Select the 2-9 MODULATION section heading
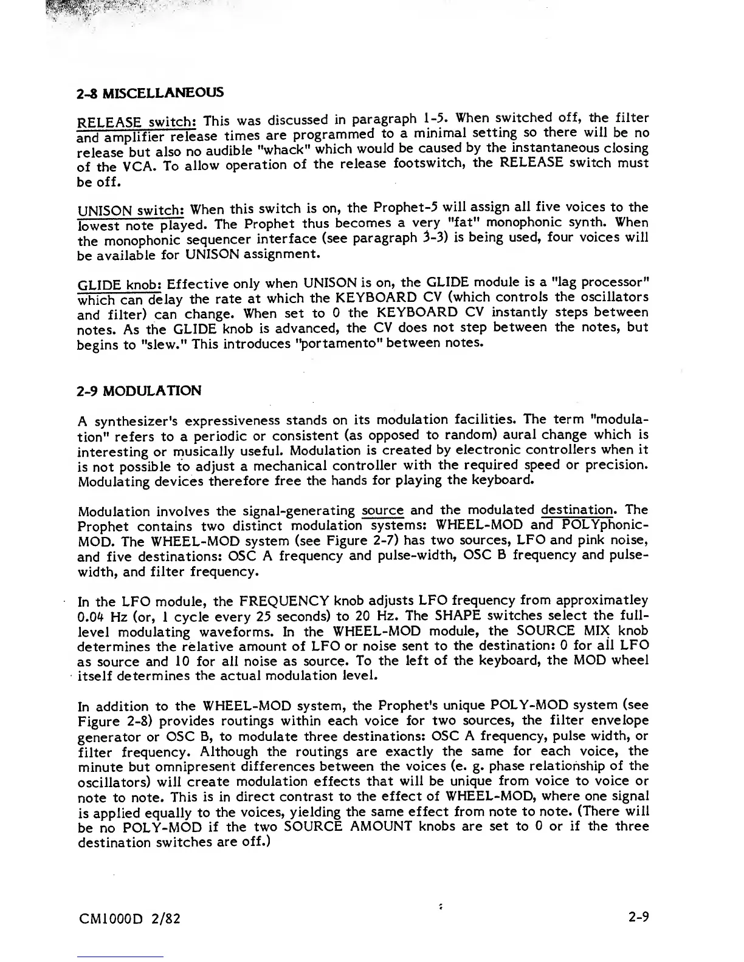coord(139,391)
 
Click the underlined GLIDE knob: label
coord(120,284)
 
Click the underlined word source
coord(382,511)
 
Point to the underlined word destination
coord(577,510)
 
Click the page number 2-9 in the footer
coord(638,917)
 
